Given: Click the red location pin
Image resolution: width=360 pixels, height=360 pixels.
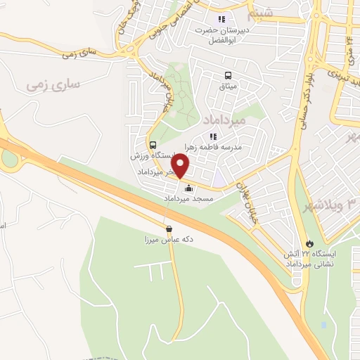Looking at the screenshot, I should coord(181,166).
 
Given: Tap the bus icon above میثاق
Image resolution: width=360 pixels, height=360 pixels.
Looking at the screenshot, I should coord(227,75).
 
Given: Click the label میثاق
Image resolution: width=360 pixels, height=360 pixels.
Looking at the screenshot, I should coord(229,86).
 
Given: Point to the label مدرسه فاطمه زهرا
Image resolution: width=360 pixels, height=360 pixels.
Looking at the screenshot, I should coord(213,146).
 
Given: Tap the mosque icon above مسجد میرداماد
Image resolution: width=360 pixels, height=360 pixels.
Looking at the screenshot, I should coord(188,188).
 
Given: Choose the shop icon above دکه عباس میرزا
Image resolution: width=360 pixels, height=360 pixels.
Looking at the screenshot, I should coord(168,229).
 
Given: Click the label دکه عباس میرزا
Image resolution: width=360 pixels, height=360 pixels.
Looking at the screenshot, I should coord(168,240).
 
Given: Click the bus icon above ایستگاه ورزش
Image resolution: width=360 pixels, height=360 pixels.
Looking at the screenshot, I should coord(153,145).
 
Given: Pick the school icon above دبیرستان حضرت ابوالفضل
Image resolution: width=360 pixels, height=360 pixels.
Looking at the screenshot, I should coord(222,19).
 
